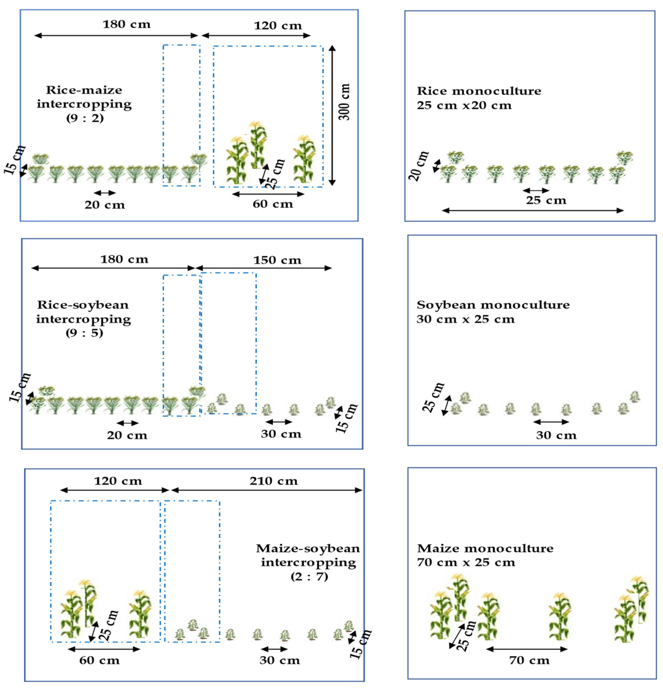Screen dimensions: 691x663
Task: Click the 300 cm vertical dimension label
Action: [x=344, y=102]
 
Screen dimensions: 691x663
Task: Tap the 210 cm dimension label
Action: [x=274, y=481]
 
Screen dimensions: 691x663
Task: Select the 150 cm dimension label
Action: [x=277, y=260]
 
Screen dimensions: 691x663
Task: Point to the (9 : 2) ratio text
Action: [x=85, y=118]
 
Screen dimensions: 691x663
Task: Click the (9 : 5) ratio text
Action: [x=84, y=333]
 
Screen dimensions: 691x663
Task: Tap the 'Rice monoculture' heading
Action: [x=478, y=91]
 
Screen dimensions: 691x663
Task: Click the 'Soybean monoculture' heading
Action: [x=493, y=305]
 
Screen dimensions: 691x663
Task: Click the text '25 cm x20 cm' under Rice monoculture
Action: [x=464, y=105]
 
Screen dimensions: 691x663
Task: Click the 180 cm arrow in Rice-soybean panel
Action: [x=113, y=268]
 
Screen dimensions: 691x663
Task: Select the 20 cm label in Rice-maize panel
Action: [x=105, y=205]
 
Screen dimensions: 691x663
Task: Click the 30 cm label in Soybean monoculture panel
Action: [x=556, y=435]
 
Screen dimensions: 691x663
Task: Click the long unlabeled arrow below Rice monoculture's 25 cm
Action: [x=532, y=211]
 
